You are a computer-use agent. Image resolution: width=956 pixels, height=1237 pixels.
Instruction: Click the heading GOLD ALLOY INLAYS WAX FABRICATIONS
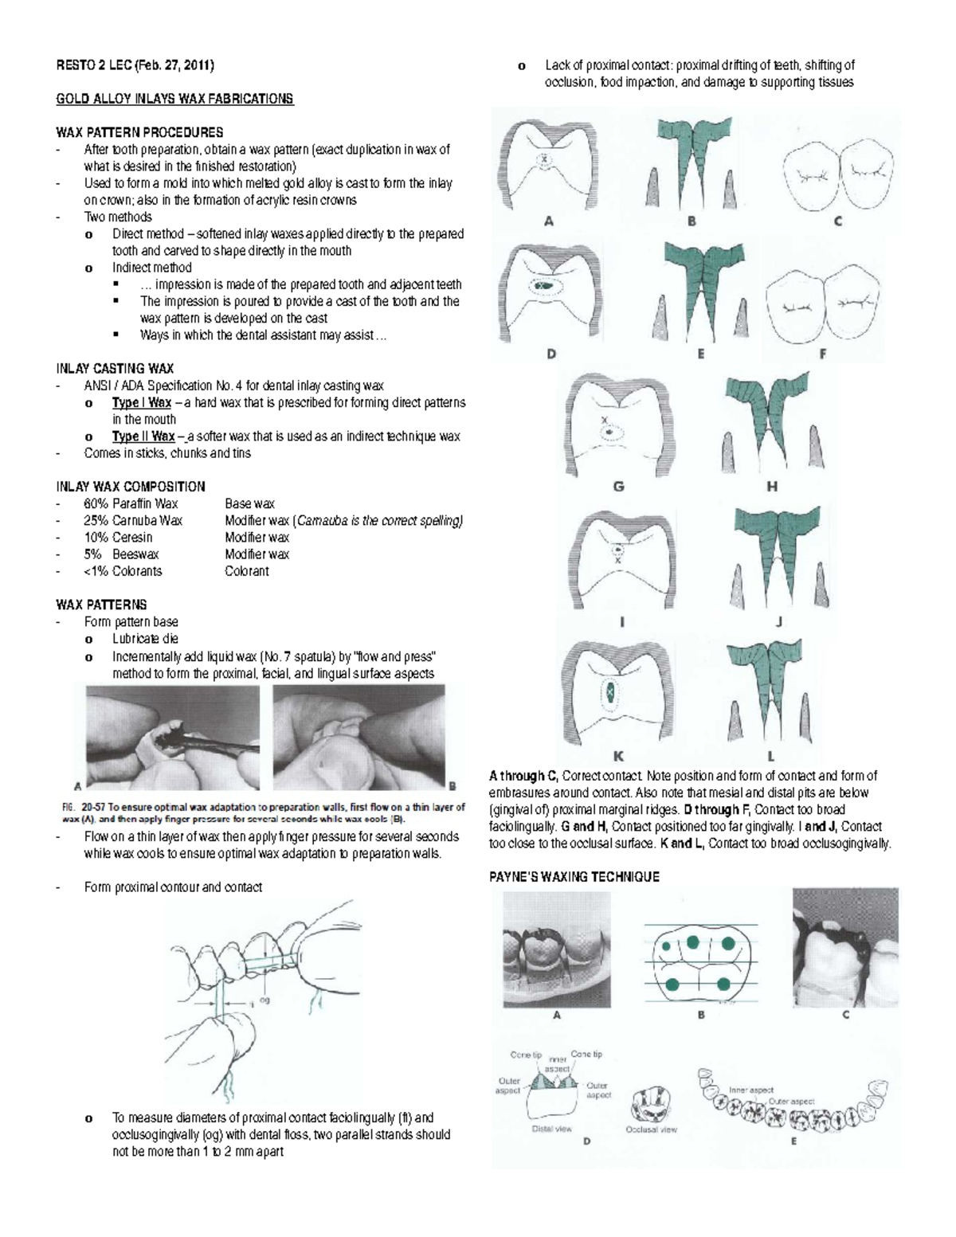tap(174, 99)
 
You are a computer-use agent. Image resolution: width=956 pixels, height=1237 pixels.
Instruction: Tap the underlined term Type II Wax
tap(143, 436)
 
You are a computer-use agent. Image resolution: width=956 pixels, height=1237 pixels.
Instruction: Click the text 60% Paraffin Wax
tap(131, 504)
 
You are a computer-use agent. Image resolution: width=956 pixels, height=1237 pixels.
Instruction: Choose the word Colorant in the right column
tap(247, 571)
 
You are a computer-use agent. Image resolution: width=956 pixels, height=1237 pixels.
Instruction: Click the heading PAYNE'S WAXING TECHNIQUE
tap(574, 877)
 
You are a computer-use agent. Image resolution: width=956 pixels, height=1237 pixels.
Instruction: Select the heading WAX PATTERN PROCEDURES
tap(139, 132)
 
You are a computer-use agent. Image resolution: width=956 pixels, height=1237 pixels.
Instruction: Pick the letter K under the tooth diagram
tap(618, 757)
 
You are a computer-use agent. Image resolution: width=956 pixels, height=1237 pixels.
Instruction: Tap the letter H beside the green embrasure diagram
tap(772, 487)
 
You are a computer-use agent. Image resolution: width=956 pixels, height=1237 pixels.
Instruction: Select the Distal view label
tap(552, 1128)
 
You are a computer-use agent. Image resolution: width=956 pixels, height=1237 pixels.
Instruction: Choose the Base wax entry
tap(249, 504)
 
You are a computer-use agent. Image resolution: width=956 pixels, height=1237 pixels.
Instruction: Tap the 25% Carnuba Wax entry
tap(133, 521)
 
